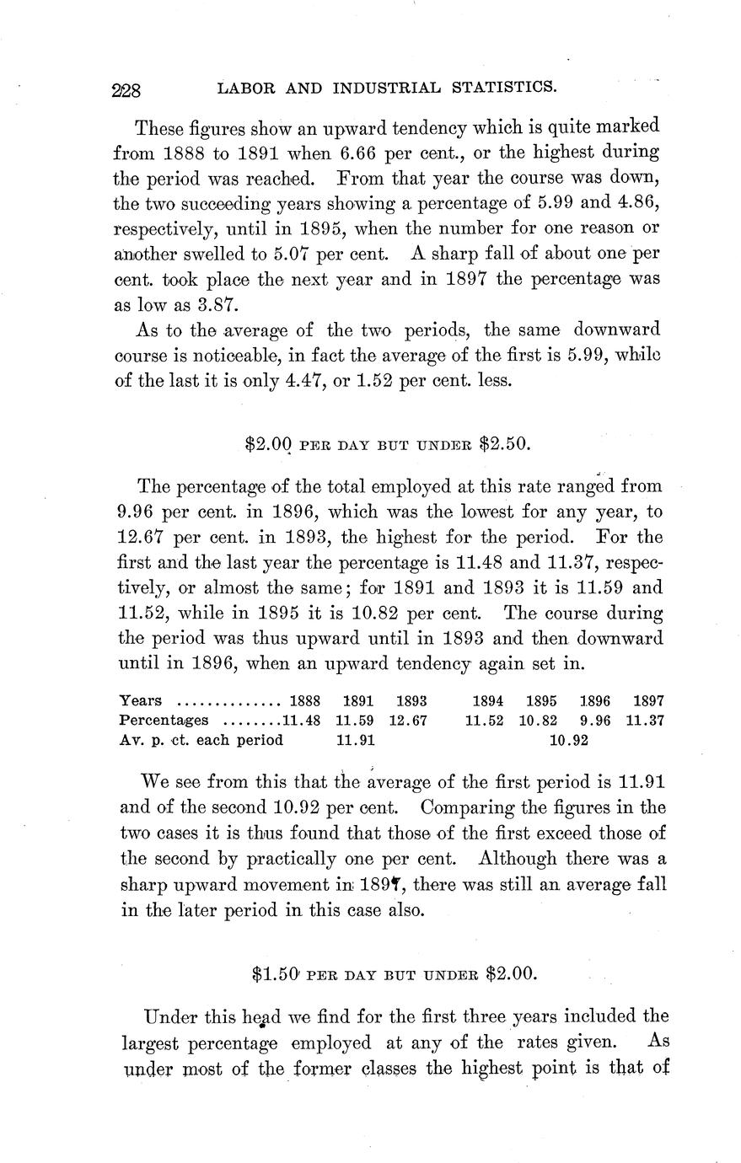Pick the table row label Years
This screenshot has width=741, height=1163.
(142, 700)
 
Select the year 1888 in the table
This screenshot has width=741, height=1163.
(304, 700)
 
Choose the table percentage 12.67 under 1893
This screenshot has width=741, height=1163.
(410, 721)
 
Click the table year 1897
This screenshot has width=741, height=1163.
(648, 700)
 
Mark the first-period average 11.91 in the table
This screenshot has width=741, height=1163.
(355, 741)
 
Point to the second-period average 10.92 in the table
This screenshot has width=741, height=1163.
(569, 741)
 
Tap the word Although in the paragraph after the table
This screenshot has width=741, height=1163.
(517, 859)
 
